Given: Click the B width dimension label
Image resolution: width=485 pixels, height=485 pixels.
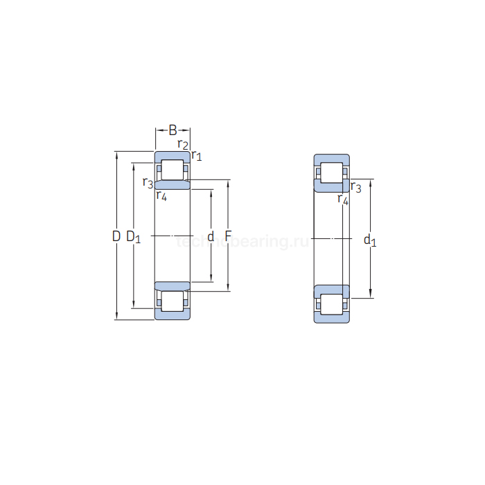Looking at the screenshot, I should tap(173, 130).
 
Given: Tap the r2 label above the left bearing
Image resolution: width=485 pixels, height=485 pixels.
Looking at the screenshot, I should tap(183, 144).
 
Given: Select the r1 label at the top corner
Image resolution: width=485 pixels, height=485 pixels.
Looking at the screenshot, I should tap(197, 155).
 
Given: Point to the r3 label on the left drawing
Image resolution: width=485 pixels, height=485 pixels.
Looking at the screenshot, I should tap(147, 183).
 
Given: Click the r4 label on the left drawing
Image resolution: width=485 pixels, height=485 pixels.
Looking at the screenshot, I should tap(161, 195).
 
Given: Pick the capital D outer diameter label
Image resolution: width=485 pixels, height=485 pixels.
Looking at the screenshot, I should tap(116, 236).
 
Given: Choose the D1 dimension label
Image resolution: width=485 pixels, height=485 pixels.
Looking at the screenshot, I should tap(133, 237).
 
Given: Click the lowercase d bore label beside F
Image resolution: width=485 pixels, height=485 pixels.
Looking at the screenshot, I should tap(211, 236).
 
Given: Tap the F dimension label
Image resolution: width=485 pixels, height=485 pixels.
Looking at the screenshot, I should tap(227, 236).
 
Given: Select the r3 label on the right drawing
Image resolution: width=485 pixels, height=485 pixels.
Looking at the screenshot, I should tap(356, 187).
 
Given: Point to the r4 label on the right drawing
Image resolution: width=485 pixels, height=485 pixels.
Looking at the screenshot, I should tap(342, 200).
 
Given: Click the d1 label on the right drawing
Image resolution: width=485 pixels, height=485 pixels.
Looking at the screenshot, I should tap(370, 240).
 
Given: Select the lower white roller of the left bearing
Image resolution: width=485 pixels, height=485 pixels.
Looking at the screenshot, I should tap(173, 301).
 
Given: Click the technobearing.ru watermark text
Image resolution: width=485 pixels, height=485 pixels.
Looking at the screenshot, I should tap(242, 241).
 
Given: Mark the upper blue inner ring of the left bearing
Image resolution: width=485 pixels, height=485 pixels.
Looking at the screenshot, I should tap(172, 185).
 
